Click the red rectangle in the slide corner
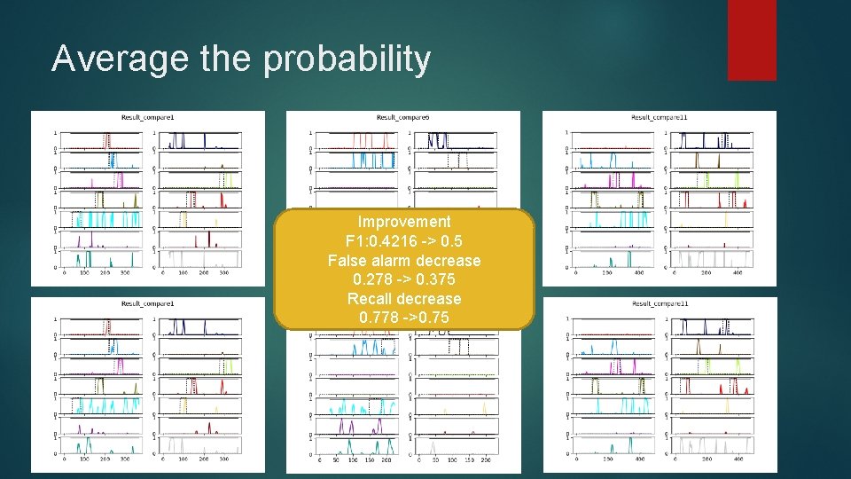[x=752, y=40]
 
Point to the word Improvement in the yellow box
[x=404, y=222]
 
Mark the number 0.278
[x=373, y=279]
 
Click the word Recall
[x=371, y=299]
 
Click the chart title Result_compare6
[x=403, y=117]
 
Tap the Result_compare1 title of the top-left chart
[x=148, y=117]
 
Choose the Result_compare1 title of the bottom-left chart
[x=148, y=303]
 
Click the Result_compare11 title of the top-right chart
[x=659, y=117]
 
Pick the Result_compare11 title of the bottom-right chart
[x=659, y=303]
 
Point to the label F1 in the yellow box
[x=355, y=241]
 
